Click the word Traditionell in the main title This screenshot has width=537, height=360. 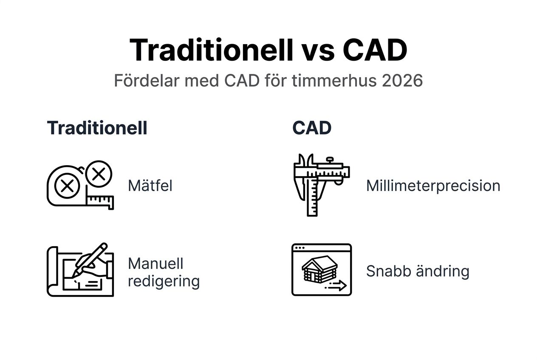click(x=211, y=50)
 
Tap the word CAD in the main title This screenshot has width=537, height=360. click(x=375, y=50)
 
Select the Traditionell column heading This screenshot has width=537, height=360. click(x=97, y=128)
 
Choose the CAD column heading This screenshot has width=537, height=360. click(x=311, y=128)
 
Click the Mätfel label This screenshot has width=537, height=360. click(x=150, y=186)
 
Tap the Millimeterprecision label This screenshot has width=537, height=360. click(x=433, y=186)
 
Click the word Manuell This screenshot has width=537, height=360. click(x=155, y=263)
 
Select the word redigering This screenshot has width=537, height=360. click(x=164, y=281)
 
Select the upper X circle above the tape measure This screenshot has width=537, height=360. click(x=99, y=174)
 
